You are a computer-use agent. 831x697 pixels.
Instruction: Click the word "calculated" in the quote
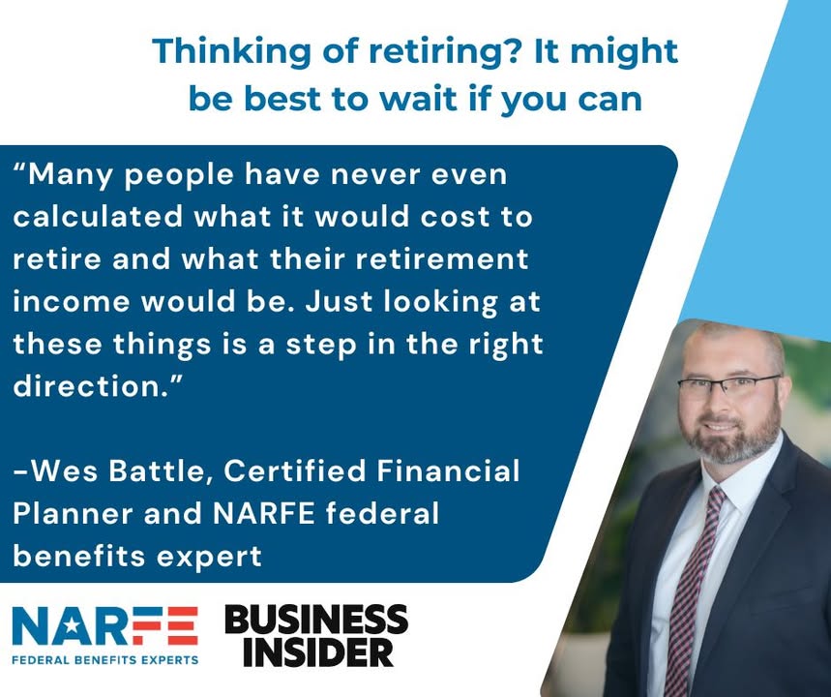point(98,217)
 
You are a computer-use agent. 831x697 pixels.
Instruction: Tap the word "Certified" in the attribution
point(295,471)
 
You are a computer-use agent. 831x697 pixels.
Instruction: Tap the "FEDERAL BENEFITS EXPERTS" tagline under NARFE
point(104,660)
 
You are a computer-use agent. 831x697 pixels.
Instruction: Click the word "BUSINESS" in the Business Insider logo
point(317,620)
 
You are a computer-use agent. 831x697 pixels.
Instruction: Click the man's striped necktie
point(692,589)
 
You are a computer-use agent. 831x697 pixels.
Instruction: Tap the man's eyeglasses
point(728,388)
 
